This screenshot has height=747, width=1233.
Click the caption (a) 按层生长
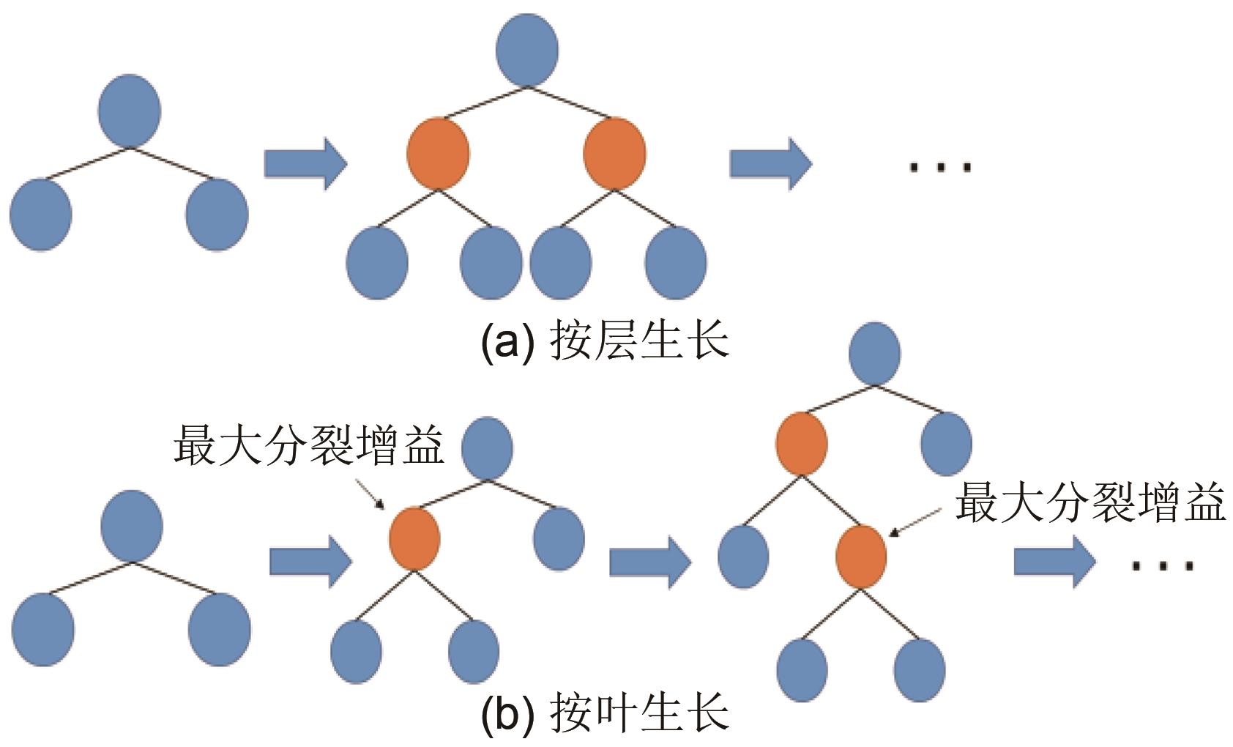click(605, 341)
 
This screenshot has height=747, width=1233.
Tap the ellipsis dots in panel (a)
click(940, 168)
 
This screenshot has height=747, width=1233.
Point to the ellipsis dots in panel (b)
click(1163, 565)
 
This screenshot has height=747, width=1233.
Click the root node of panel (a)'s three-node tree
click(129, 111)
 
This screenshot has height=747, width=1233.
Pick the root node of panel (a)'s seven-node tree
click(527, 50)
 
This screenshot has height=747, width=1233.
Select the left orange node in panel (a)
click(438, 153)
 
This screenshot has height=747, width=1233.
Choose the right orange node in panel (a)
click(614, 153)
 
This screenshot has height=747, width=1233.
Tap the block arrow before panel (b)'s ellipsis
click(1054, 562)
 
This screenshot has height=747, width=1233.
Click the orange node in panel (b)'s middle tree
click(414, 538)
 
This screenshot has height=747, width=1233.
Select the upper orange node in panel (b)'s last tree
click(802, 444)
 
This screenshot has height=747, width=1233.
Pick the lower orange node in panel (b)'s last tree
click(861, 557)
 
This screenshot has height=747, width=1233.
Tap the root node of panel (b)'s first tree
click(132, 526)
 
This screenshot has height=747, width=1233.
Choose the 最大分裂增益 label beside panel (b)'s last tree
click(1090, 503)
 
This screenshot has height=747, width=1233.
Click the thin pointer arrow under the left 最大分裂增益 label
click(369, 494)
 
